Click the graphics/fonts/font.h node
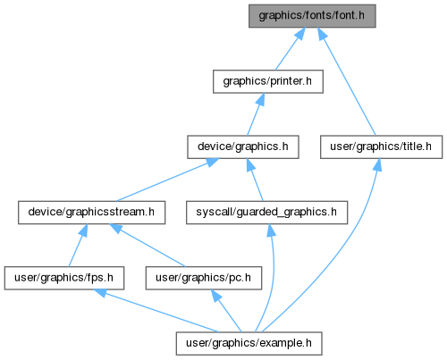(x=312, y=16)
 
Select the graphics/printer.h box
(x=268, y=81)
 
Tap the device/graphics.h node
(x=243, y=147)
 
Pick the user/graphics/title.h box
(x=381, y=147)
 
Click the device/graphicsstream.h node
(x=91, y=213)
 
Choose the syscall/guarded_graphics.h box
(x=266, y=213)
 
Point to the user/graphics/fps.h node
(x=64, y=278)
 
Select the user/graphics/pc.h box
(x=204, y=278)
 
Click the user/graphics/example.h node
(x=249, y=343)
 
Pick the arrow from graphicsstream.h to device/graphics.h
(x=167, y=180)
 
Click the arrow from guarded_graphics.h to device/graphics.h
(x=255, y=180)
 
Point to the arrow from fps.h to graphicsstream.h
(x=78, y=246)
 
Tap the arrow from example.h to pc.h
(x=226, y=311)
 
